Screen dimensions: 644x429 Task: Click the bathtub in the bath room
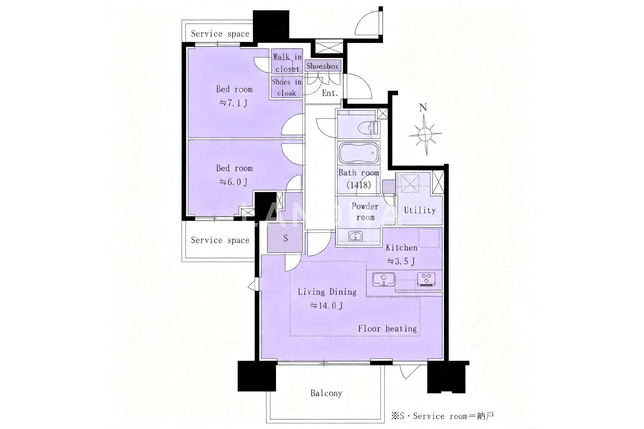[x=358, y=153]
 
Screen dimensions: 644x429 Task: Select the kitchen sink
[x=383, y=279]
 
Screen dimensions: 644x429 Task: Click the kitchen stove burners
[x=426, y=279]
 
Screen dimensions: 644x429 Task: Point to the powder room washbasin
[x=355, y=236]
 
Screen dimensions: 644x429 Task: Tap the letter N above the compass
[x=423, y=108]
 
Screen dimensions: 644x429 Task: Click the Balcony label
[x=326, y=393]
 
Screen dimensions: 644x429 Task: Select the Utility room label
[x=419, y=210]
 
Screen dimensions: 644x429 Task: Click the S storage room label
[x=286, y=238]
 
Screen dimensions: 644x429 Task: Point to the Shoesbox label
[x=322, y=66]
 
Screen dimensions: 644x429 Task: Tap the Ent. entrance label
[x=330, y=93]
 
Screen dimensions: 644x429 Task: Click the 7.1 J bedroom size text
[x=233, y=103]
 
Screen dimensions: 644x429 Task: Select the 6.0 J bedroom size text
[x=233, y=182]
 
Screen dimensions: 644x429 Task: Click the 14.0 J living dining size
[x=326, y=305]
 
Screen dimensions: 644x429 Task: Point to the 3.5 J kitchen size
[x=401, y=261]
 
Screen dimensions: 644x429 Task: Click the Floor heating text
[x=387, y=329]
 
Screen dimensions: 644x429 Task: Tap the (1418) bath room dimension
[x=358, y=185]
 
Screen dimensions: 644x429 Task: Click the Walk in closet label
[x=287, y=63]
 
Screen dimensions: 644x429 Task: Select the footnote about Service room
[x=443, y=416]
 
